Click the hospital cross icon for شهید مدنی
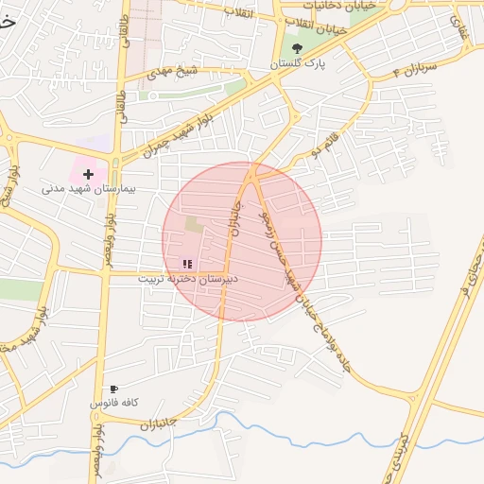click(x=88, y=174)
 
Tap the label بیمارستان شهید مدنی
click(x=89, y=189)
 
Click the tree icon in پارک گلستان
click(x=297, y=48)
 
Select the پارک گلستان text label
click(x=297, y=63)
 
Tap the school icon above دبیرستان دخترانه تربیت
click(x=186, y=264)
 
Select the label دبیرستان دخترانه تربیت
click(x=188, y=279)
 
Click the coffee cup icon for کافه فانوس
click(x=114, y=389)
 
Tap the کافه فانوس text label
click(x=114, y=403)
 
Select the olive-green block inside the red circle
click(x=194, y=225)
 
